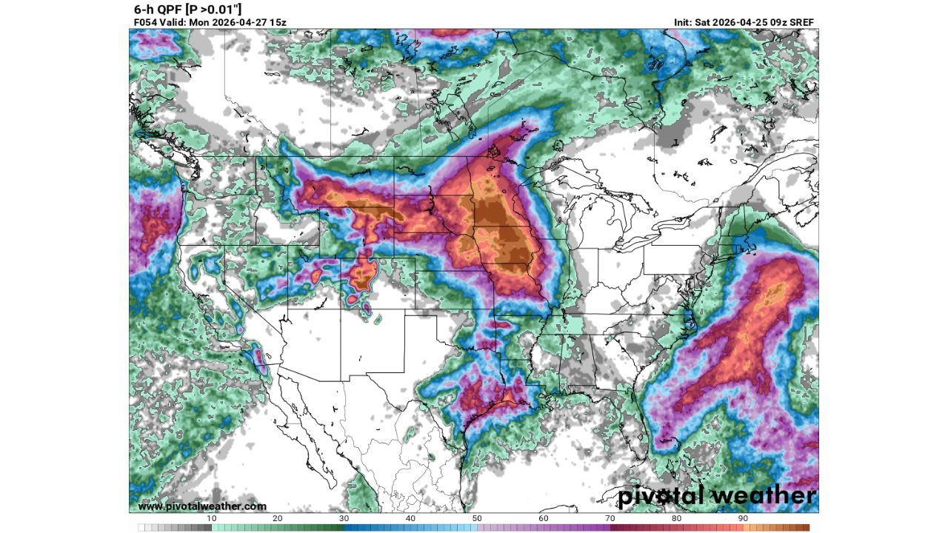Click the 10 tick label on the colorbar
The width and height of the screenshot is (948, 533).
coord(211,518)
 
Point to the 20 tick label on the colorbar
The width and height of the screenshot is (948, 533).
coord(278,518)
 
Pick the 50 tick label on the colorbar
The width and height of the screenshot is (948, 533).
coord(477,518)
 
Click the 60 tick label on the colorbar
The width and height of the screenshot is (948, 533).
coord(544,518)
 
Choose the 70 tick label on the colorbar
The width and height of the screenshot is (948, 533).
coord(610,518)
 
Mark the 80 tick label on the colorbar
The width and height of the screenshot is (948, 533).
coord(676,518)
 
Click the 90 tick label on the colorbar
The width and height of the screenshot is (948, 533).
coord(743,518)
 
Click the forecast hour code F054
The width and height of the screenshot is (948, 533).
coord(145,22)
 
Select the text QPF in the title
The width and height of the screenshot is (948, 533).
coord(169,9)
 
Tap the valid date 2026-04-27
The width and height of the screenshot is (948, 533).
coord(237,22)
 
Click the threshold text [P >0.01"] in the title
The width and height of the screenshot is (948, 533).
coord(215,9)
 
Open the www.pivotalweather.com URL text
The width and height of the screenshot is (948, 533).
coord(201,506)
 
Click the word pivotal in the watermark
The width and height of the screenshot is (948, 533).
coord(664,495)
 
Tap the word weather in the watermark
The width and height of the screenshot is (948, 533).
coord(766,495)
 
